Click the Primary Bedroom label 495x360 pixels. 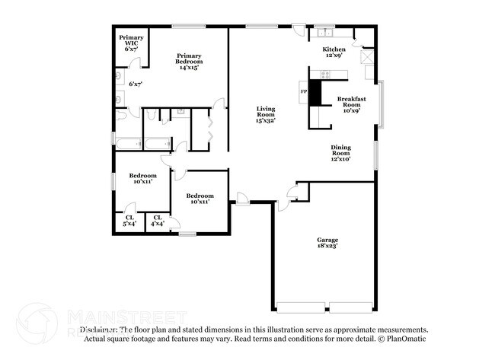pos(188,62)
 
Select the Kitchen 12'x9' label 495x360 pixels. pos(334,52)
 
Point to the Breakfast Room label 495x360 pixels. pos(352,104)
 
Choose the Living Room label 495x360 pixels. pos(265,114)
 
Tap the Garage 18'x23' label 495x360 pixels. pos(327,243)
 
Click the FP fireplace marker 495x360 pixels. pos(304,91)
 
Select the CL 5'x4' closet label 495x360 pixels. pos(129,220)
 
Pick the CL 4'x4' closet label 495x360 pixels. pos(158,220)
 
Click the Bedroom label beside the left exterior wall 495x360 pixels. pos(142,178)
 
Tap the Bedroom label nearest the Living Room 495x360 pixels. pos(200,198)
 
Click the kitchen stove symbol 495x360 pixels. pos(326,74)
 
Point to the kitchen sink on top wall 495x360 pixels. pos(326,33)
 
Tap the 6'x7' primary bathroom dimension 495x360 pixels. pos(136,83)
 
